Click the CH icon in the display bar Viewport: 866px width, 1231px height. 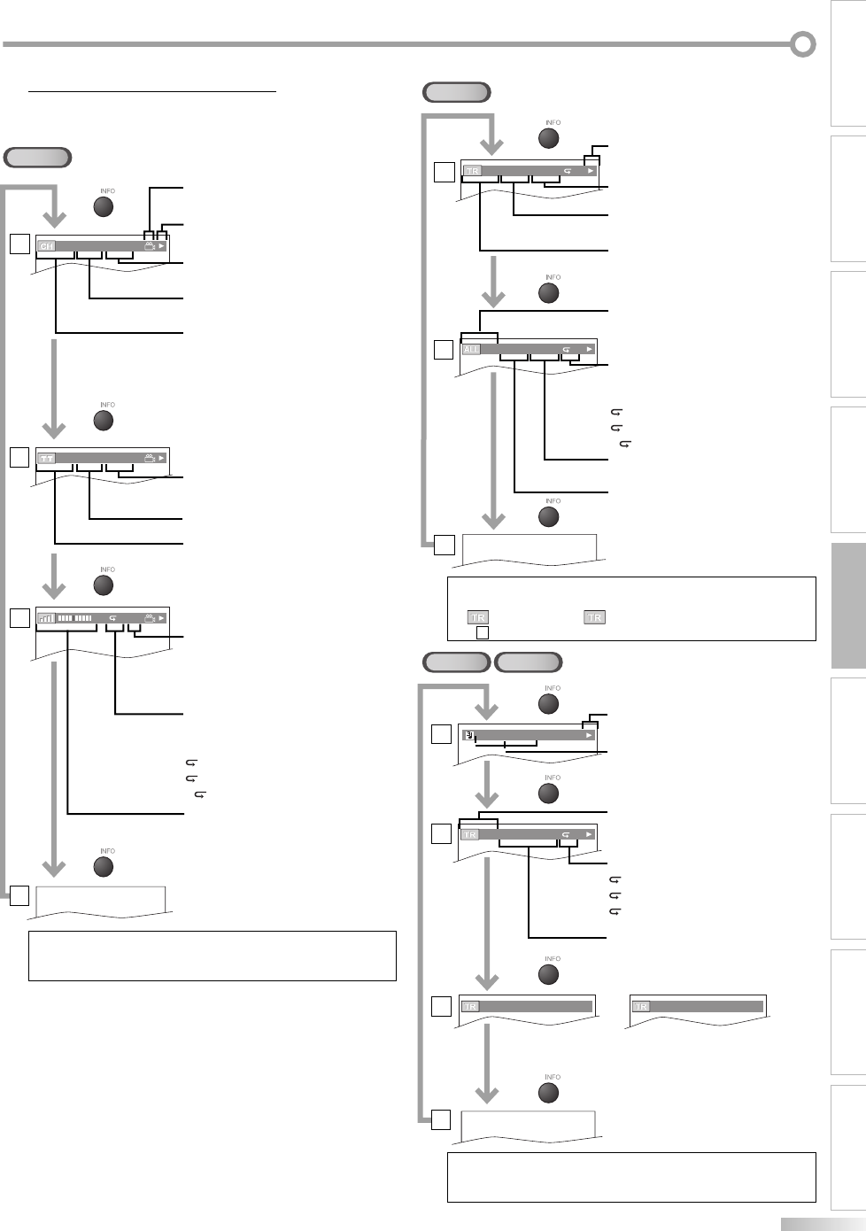tap(47, 246)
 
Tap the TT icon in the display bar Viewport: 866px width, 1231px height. tap(46, 459)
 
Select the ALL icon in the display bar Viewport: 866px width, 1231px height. tap(471, 349)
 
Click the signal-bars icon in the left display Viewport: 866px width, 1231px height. tap(46, 618)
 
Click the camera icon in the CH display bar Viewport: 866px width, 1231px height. tap(149, 246)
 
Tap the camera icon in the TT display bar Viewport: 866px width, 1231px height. tap(149, 459)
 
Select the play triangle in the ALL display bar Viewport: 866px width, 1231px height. tap(589, 349)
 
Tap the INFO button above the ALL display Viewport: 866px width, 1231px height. tap(549, 292)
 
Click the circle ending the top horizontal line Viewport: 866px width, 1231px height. tap(803, 43)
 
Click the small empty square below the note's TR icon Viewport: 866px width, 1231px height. tap(483, 632)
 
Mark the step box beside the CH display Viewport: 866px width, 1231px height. tap(19, 244)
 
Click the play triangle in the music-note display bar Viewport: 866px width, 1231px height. tap(589, 734)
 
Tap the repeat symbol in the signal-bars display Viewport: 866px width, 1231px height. tap(112, 618)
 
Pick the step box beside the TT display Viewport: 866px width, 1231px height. tap(19, 458)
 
